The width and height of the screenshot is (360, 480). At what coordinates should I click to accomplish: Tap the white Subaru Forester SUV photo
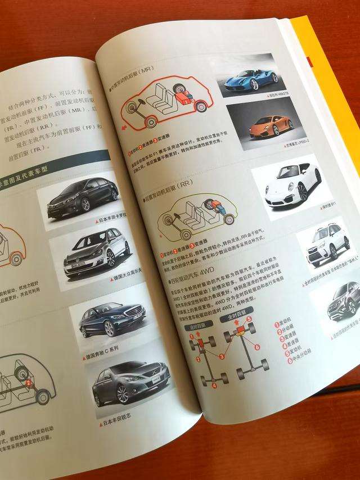click(326, 244)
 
